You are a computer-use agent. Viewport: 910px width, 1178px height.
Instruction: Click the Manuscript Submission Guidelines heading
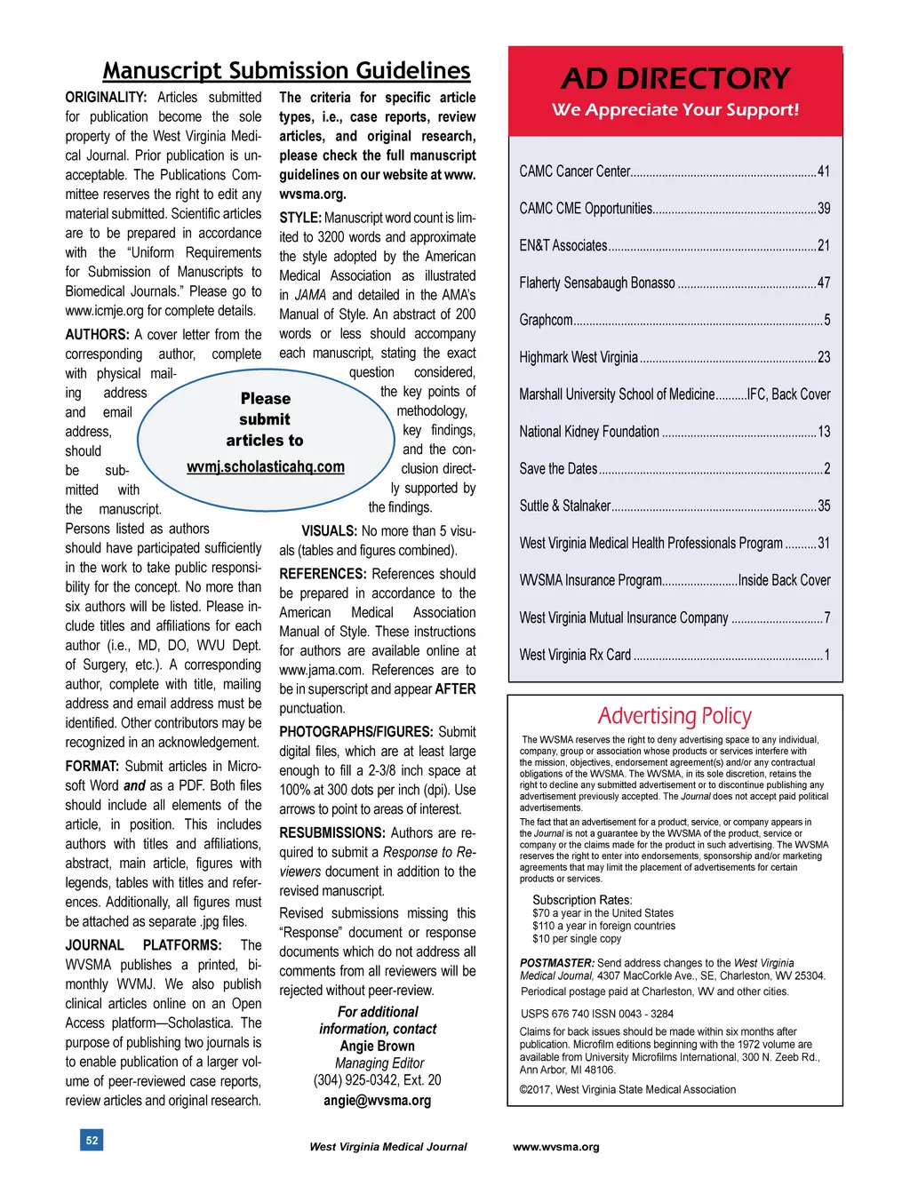point(286,71)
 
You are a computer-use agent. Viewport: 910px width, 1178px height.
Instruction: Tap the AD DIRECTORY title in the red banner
point(675,79)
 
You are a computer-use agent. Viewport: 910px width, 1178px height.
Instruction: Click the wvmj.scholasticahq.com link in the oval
point(265,466)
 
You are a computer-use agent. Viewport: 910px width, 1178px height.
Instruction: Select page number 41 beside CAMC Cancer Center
point(824,171)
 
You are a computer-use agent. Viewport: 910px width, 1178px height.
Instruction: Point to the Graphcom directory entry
point(547,320)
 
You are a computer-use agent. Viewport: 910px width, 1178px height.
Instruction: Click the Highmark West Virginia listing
point(579,357)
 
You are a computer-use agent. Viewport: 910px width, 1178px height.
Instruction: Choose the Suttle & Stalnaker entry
point(565,505)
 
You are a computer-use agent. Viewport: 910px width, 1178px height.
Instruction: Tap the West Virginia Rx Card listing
point(575,655)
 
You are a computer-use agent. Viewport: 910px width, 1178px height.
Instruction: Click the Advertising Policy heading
point(675,716)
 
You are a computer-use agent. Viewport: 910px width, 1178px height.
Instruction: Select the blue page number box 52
point(92,1140)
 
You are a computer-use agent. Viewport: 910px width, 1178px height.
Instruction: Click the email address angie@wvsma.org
point(377,1100)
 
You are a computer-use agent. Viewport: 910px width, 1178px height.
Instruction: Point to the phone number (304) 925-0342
point(355,1080)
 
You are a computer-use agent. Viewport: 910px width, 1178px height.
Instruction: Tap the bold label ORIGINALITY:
point(106,98)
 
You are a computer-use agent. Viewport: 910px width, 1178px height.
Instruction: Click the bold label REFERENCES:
point(323,574)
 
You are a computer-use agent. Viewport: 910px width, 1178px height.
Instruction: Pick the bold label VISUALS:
point(329,531)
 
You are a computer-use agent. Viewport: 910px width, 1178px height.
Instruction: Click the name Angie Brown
point(377,1047)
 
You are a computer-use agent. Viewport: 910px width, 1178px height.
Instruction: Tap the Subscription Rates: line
point(582,900)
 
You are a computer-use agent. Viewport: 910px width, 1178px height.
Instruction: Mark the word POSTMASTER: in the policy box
point(557,963)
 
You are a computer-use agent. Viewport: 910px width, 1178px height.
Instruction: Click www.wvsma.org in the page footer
point(555,1147)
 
